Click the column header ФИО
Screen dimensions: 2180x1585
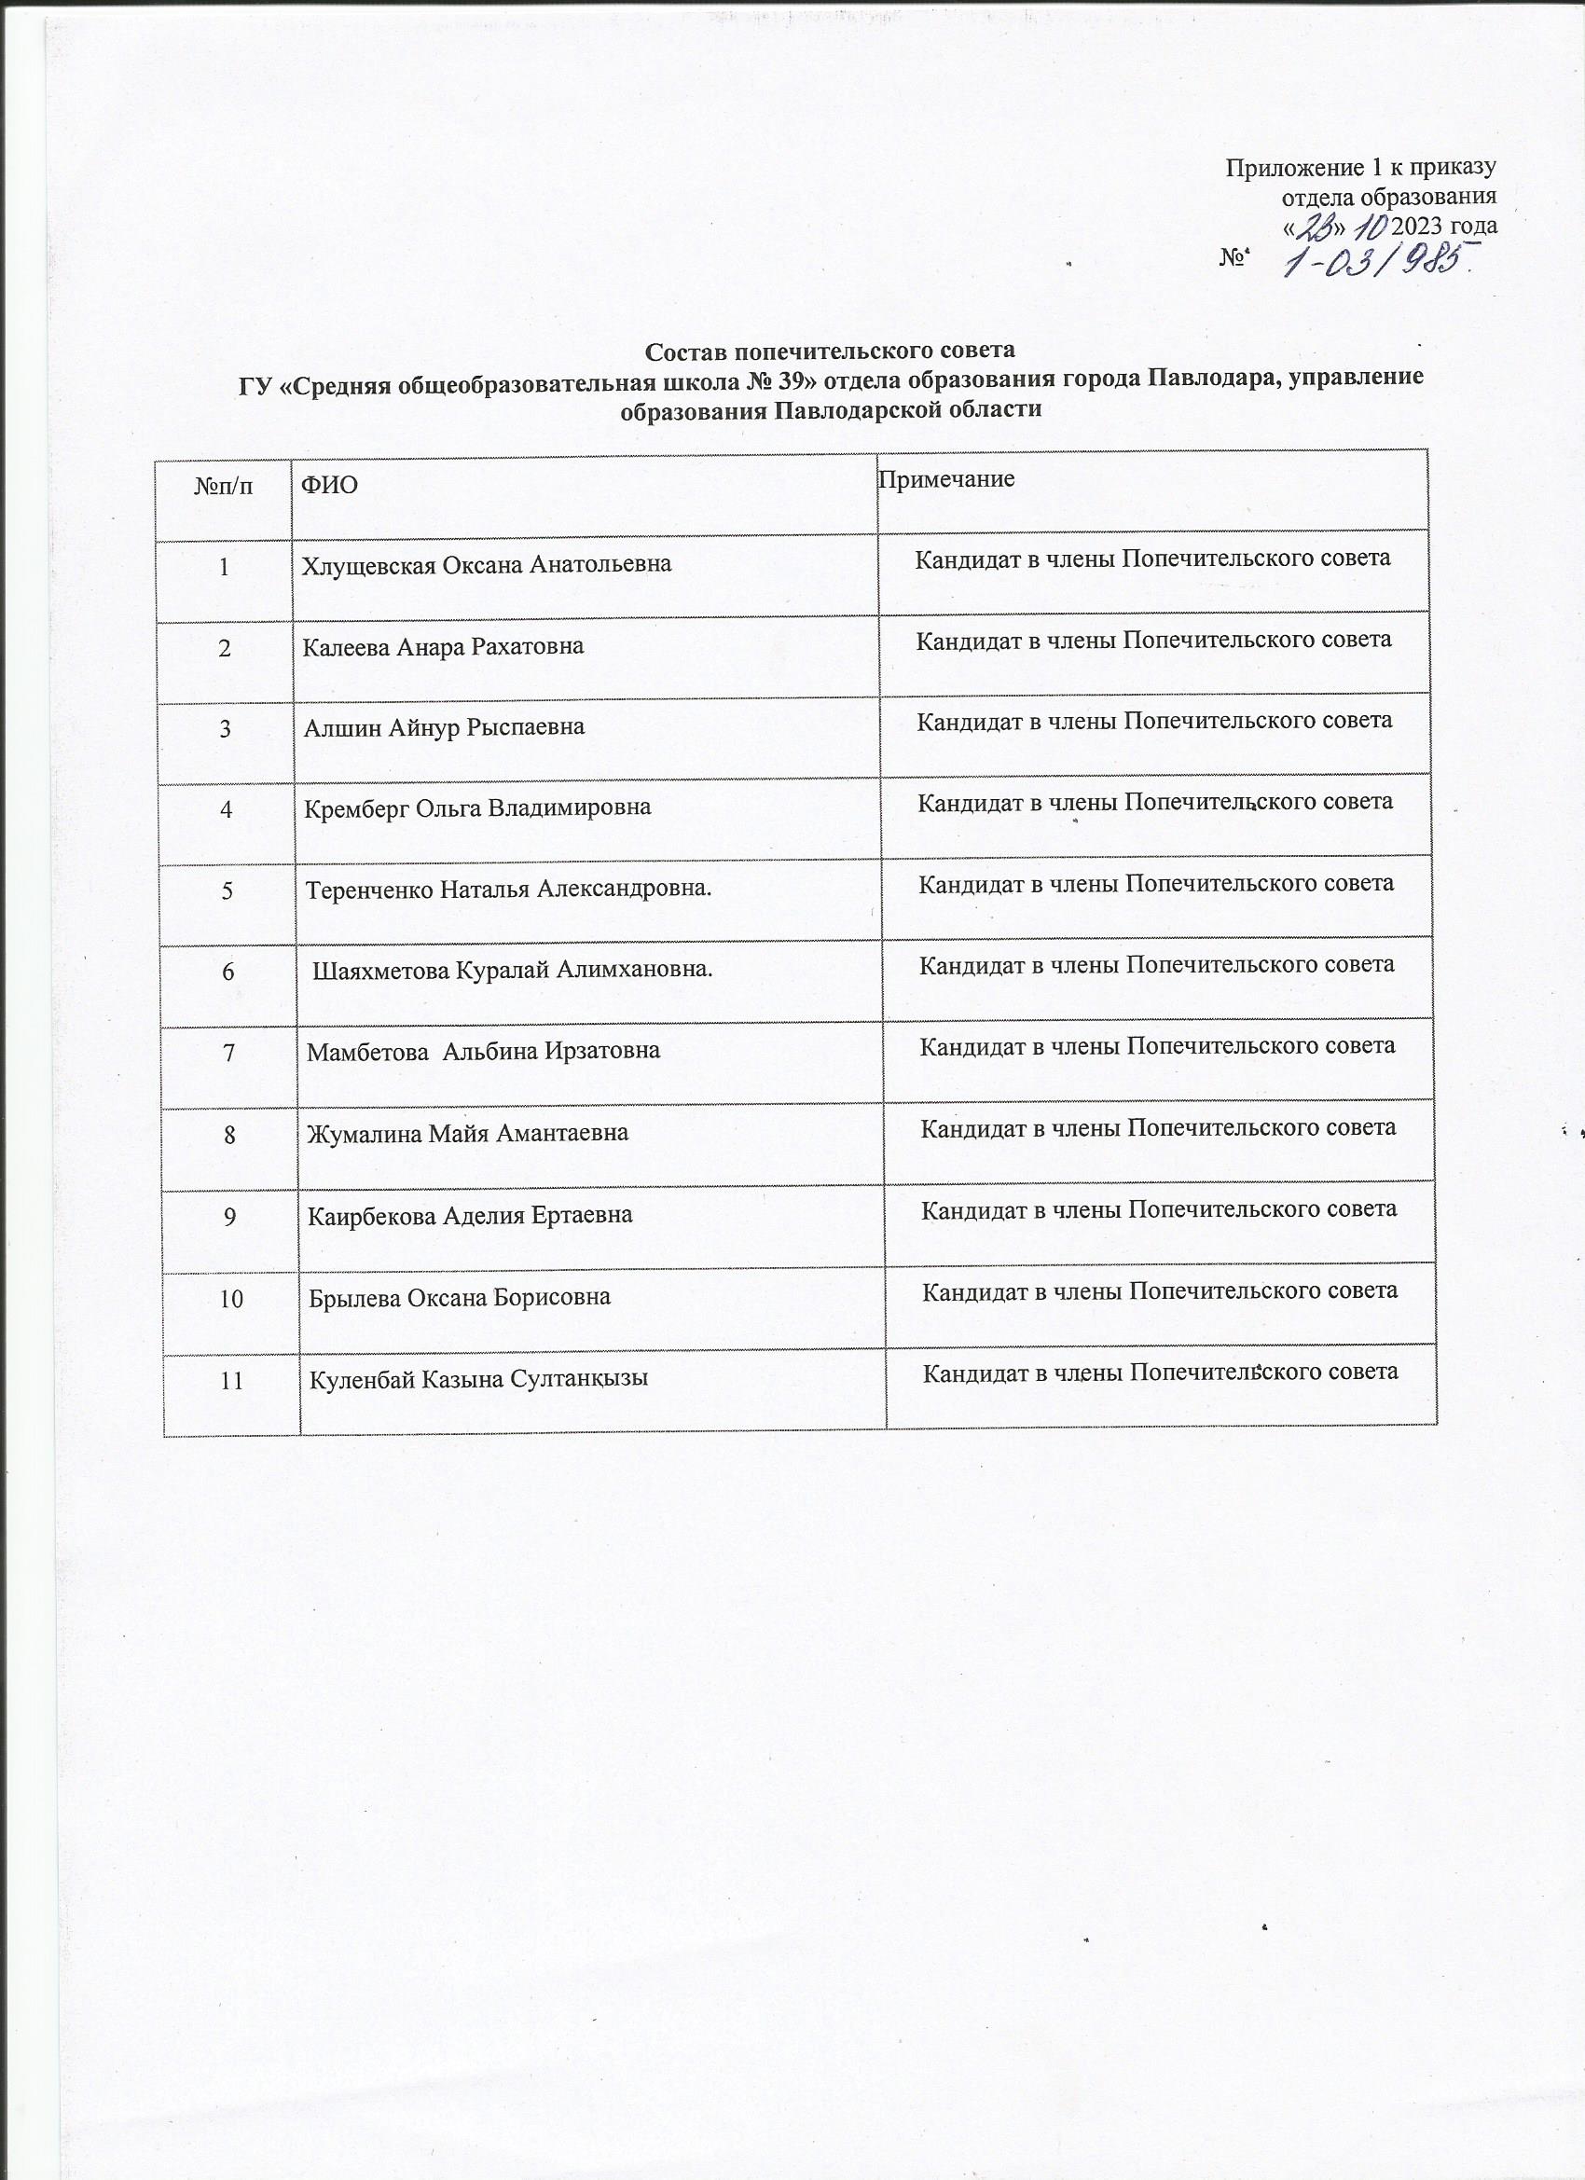click(330, 486)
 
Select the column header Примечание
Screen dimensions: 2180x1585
click(946, 478)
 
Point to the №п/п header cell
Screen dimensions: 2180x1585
click(225, 486)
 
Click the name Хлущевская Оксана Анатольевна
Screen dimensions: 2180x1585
click(487, 564)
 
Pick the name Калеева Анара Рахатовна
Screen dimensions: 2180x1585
click(443, 646)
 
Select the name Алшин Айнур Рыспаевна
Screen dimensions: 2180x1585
click(444, 726)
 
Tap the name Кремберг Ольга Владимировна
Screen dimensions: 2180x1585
click(477, 807)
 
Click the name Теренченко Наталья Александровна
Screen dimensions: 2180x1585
click(508, 890)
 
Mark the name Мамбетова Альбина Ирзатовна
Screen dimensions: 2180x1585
click(484, 1051)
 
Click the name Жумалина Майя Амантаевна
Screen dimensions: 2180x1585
click(468, 1133)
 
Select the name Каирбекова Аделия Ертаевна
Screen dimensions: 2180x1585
click(470, 1216)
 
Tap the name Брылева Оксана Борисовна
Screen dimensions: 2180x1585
click(460, 1298)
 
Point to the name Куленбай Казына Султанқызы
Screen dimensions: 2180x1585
click(478, 1379)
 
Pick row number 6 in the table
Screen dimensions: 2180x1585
click(227, 971)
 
